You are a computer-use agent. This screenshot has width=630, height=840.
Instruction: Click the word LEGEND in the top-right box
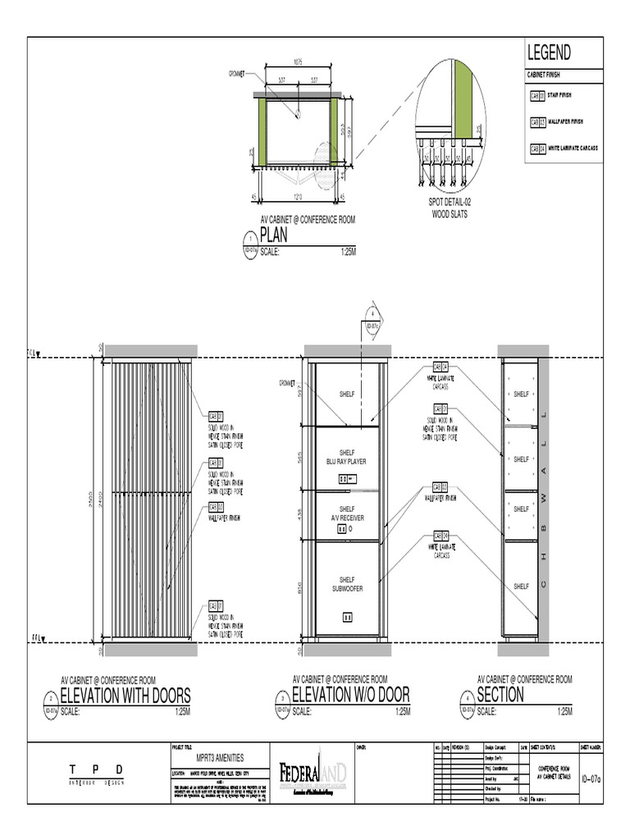click(550, 54)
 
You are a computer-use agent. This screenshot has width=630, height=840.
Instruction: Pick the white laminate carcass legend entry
click(566, 148)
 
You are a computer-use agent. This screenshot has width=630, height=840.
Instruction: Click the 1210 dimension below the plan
click(299, 195)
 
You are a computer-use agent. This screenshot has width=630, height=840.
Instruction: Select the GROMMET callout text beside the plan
click(237, 74)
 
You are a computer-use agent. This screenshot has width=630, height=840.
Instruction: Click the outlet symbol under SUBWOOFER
click(346, 616)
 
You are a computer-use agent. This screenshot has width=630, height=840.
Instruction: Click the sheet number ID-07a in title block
click(590, 779)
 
